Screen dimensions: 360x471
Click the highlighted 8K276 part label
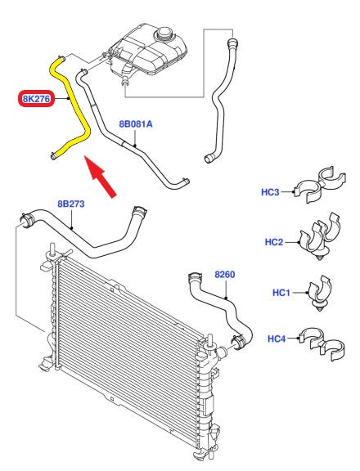click(36, 98)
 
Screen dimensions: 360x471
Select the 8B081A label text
click(136, 123)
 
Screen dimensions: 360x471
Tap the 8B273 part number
click(71, 204)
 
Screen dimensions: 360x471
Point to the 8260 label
click(225, 274)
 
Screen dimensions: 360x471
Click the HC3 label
click(270, 192)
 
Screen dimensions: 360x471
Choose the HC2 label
click(274, 242)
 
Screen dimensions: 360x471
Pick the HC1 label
click(281, 292)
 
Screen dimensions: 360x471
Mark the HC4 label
click(277, 339)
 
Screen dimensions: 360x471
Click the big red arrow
click(100, 177)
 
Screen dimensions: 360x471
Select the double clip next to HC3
click(318, 184)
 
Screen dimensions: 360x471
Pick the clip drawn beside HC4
click(322, 343)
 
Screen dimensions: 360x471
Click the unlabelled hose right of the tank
click(222, 99)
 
